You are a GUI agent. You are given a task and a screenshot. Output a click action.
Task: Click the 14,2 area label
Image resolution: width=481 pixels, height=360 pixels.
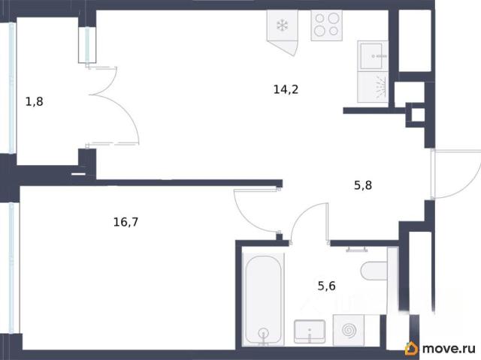coord(286,90)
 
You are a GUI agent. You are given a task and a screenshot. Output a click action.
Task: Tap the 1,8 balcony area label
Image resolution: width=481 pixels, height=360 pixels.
coord(34,101)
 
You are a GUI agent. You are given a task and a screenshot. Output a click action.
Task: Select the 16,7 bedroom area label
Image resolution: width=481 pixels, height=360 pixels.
coord(126,222)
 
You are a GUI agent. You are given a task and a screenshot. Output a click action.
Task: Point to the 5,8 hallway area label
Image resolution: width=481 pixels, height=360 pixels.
coord(363,185)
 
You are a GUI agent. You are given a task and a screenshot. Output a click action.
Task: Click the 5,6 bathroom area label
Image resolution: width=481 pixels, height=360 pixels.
coord(326,286)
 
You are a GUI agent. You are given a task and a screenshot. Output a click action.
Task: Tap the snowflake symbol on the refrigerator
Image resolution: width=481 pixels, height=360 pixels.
coord(283,25)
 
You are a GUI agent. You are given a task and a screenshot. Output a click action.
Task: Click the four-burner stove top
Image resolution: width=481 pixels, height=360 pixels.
coord(326,25)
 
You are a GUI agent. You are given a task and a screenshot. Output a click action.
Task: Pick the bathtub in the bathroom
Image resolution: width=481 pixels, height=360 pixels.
coord(263,299)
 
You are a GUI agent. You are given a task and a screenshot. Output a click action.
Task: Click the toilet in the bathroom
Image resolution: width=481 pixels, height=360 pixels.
coord(374,271)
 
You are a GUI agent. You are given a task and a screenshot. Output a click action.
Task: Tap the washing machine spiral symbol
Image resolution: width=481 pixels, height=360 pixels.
coord(349,330)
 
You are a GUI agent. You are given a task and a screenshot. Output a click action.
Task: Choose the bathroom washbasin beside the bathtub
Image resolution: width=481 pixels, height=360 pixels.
coord(310,331)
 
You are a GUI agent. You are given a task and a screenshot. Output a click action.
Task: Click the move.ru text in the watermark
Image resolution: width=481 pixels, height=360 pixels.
coord(449,348)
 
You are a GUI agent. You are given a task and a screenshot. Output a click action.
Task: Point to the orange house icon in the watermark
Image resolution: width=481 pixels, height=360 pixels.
coord(411,348)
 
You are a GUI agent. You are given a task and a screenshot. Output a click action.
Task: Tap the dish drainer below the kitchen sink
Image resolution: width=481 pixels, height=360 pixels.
coord(373,87)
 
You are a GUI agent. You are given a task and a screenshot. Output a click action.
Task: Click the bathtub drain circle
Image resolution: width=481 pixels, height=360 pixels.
coord(263,333)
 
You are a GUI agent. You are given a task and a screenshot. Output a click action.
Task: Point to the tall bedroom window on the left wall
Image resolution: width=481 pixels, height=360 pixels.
coord(12,268)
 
